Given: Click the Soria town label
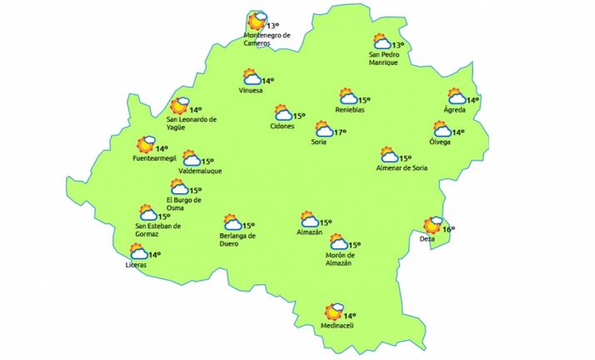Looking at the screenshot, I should [318, 142].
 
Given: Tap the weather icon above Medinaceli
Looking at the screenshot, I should [336, 312].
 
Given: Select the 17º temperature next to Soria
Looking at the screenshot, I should [340, 132].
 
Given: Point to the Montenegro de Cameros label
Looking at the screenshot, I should [267, 39].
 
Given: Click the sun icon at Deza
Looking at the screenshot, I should [432, 225].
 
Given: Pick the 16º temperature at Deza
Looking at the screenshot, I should [448, 230].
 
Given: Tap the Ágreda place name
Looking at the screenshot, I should [455, 110].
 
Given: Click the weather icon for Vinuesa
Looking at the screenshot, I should [252, 77].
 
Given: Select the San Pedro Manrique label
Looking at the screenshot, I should [384, 59].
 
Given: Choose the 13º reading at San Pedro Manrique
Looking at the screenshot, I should [398, 46].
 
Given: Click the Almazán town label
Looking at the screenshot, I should [309, 232].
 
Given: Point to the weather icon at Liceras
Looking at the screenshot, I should [138, 252].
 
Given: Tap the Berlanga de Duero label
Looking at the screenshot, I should [232, 240].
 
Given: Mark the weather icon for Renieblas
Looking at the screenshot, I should [347, 98].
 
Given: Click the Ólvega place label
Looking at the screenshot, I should [440, 142].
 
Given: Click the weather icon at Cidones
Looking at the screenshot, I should [283, 113].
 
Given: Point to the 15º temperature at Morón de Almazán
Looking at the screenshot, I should [354, 245].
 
